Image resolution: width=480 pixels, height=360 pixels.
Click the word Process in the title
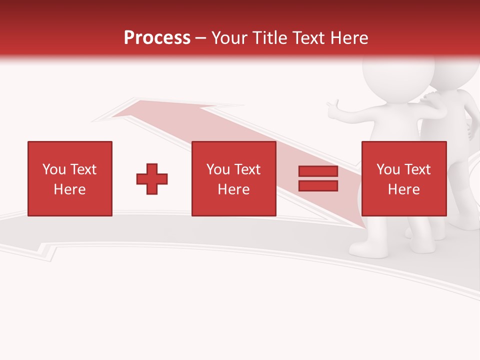click(157, 38)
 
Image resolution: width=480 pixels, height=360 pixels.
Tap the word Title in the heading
click(269, 38)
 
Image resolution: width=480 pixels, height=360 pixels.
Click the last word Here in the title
click(348, 38)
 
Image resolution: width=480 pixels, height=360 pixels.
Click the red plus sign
click(152, 179)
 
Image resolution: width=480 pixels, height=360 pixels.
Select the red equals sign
click(318, 178)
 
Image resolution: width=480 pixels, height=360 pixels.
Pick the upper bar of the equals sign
click(318, 171)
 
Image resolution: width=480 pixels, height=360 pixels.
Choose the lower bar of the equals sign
click(318, 185)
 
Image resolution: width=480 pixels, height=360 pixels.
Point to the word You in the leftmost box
click(54, 169)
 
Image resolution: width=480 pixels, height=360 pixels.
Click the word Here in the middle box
click(234, 189)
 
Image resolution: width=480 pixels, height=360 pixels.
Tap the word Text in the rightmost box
click(417, 169)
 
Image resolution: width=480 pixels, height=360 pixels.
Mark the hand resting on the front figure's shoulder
click(431, 96)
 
